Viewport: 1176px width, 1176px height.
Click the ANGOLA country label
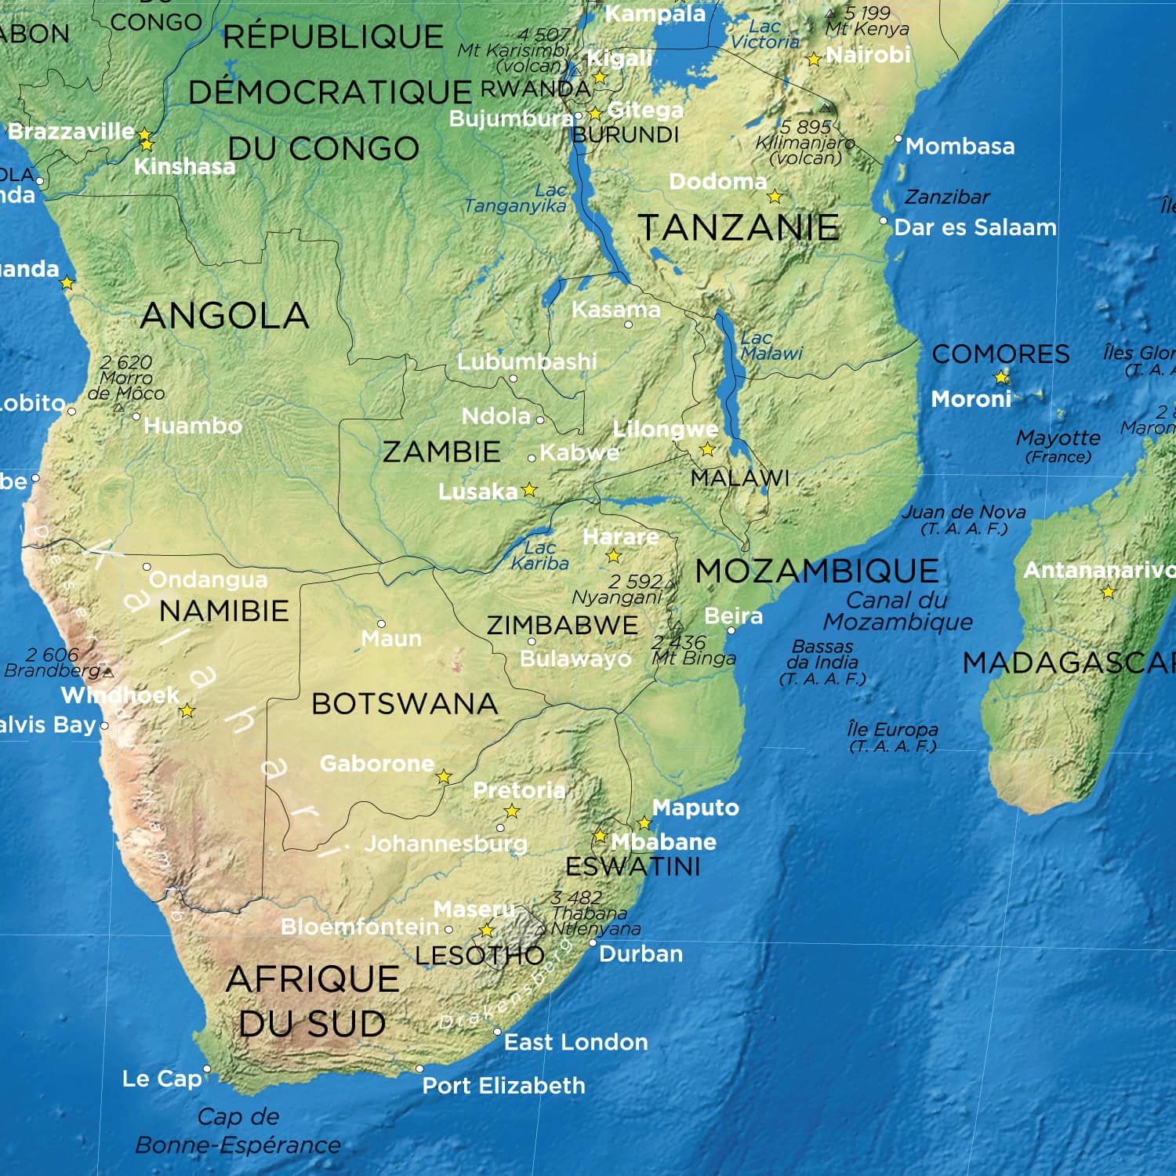[x=224, y=316]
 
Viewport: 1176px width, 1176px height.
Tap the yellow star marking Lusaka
[x=530, y=490]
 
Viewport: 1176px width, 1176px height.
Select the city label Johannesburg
[x=445, y=844]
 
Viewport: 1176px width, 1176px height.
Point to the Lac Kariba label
[x=539, y=556]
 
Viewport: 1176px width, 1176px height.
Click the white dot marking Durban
[x=593, y=942]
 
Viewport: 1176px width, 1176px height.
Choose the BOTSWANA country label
[x=405, y=704]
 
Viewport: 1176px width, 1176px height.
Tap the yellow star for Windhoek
[x=187, y=711]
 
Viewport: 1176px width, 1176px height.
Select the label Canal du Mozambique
[x=898, y=611]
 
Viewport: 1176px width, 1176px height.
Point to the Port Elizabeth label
[x=503, y=1086]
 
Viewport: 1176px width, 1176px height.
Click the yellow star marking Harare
[x=614, y=556]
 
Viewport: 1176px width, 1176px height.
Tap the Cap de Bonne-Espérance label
[x=238, y=1131]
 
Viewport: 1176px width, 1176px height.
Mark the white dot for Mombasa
[x=898, y=139]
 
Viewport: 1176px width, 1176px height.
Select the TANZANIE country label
[x=739, y=228]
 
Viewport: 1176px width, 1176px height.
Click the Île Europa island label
[x=892, y=737]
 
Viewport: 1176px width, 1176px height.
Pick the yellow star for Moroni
[x=1001, y=378]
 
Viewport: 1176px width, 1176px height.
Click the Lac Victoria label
[x=764, y=34]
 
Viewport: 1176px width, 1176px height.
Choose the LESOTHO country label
[x=479, y=956]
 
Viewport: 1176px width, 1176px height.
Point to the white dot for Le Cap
[x=207, y=1069]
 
